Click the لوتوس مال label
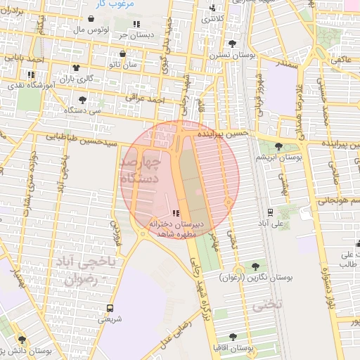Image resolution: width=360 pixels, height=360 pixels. pyautogui.click(x=90, y=31)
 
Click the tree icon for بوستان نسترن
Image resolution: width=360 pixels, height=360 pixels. pyautogui.click(x=232, y=44)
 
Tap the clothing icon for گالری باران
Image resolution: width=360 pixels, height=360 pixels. pyautogui.click(x=76, y=67)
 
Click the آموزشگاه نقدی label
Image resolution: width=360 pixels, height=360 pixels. pyautogui.click(x=30, y=84)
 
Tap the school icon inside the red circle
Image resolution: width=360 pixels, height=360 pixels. pyautogui.click(x=175, y=212)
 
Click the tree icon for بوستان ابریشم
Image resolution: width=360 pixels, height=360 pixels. pyautogui.click(x=280, y=146)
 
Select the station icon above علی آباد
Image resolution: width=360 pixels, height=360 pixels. pyautogui.click(x=271, y=212)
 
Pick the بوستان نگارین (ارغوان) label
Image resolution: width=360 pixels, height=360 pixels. pyautogui.click(x=255, y=278)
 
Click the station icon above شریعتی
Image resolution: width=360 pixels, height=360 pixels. pyautogui.click(x=109, y=308)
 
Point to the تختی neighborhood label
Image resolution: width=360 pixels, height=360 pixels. pyautogui.click(x=266, y=305)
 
